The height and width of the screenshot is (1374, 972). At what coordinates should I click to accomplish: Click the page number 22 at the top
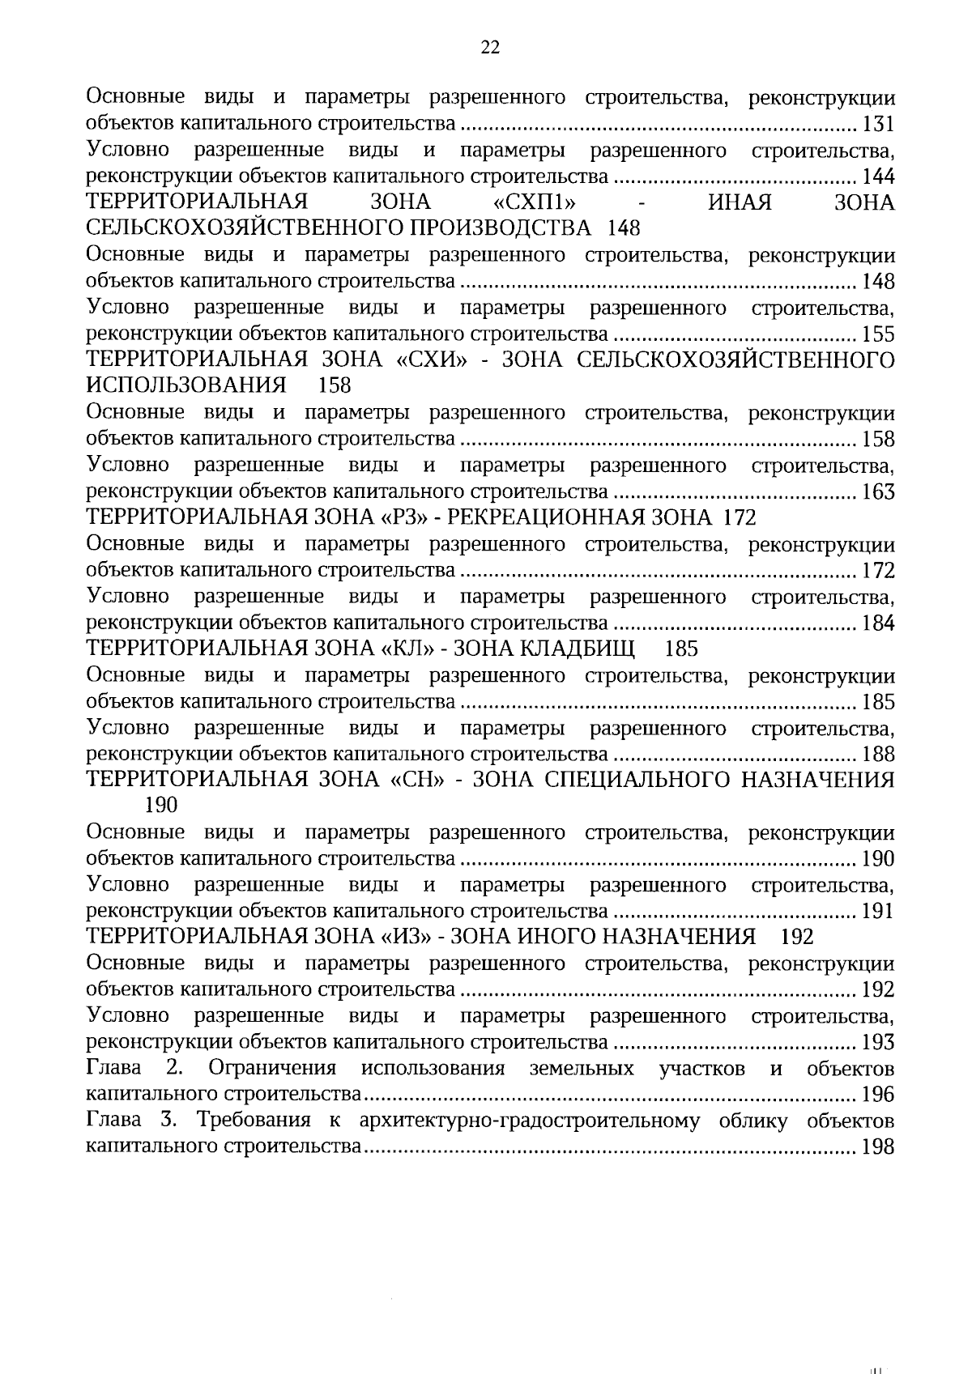tap(490, 47)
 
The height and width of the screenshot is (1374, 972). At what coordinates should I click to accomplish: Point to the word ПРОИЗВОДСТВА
tap(501, 229)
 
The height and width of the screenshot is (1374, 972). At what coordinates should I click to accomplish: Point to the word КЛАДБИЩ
tap(577, 649)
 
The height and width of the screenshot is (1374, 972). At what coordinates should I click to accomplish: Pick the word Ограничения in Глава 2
tap(273, 1069)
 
